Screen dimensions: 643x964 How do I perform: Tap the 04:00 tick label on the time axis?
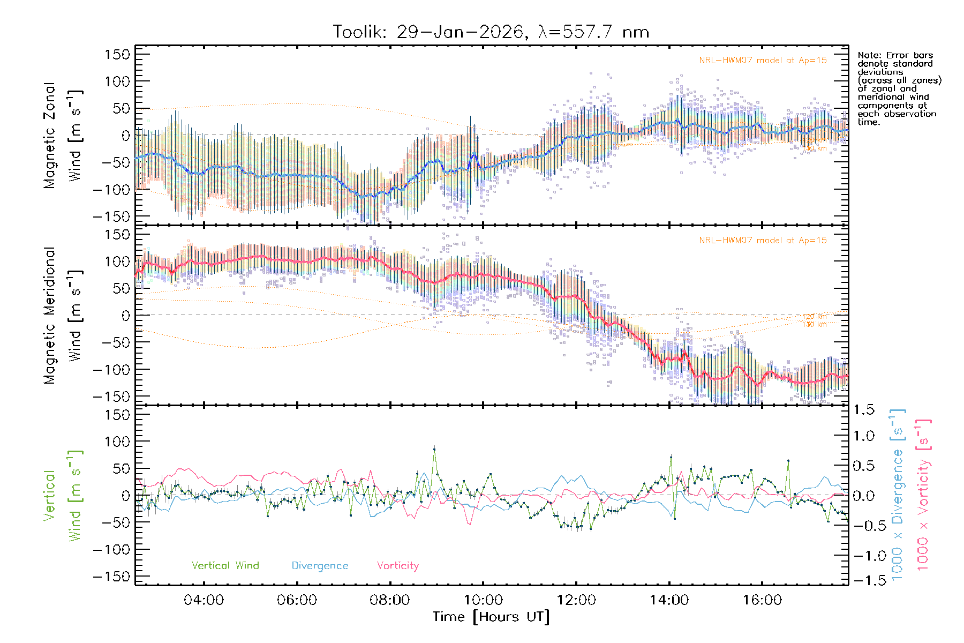click(x=204, y=600)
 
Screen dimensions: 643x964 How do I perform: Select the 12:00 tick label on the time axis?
click(x=576, y=600)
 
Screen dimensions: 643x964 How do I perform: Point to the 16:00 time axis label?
click(x=762, y=600)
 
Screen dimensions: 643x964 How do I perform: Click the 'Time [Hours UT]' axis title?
click(x=491, y=617)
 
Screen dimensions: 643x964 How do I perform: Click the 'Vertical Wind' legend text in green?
click(x=225, y=566)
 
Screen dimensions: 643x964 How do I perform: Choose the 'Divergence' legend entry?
click(x=320, y=566)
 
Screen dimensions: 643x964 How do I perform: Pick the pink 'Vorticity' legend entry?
click(x=397, y=566)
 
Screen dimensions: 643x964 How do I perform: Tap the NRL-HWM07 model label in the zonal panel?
click(x=763, y=61)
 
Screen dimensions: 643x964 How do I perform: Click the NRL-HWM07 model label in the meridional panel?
click(x=763, y=241)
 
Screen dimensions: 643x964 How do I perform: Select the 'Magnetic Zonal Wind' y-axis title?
click(x=63, y=135)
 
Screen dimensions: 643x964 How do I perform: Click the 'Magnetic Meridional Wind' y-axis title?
click(x=63, y=315)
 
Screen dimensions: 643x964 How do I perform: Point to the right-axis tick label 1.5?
click(x=863, y=410)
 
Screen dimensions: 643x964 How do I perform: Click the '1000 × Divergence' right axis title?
click(x=897, y=495)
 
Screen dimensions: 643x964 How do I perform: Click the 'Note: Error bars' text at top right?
click(x=895, y=56)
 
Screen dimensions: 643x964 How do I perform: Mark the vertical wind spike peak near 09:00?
click(x=434, y=449)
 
